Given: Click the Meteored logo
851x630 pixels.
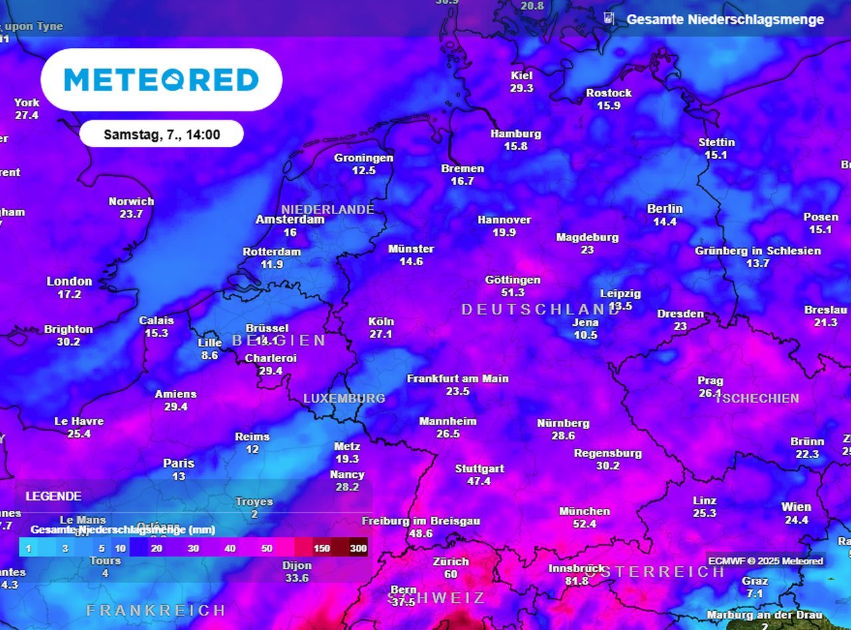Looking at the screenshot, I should tap(162, 80).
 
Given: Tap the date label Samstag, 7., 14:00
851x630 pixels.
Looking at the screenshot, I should tap(162, 135).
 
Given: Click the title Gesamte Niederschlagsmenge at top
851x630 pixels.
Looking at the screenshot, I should tap(725, 19).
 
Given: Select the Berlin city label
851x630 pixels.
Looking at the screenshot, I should tap(665, 209).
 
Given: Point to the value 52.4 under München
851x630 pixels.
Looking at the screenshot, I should tap(584, 524).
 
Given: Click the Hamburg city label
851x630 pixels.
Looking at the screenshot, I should tap(516, 134).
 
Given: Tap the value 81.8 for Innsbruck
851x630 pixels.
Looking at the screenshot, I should tap(576, 581).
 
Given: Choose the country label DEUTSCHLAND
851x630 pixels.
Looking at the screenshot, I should tap(540, 309).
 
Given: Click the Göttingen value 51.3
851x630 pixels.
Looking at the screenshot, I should tap(513, 292).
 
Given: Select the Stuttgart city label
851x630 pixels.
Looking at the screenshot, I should tap(479, 469).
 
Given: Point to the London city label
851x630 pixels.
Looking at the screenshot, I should tap(69, 281).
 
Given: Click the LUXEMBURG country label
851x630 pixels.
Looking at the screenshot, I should tap(344, 398).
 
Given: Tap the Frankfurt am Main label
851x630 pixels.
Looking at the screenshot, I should tap(457, 379).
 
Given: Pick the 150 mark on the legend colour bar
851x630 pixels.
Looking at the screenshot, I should tap(322, 548).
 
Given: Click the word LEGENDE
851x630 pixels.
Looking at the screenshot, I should tap(54, 496).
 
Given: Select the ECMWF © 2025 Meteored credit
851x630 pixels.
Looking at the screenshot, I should tap(765, 561).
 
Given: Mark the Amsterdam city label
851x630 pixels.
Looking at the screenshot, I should tap(290, 219).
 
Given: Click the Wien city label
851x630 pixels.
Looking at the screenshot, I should tap(796, 507).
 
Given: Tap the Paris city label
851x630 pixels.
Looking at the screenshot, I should tap(179, 463).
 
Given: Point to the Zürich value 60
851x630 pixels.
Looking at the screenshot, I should tap(451, 574).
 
